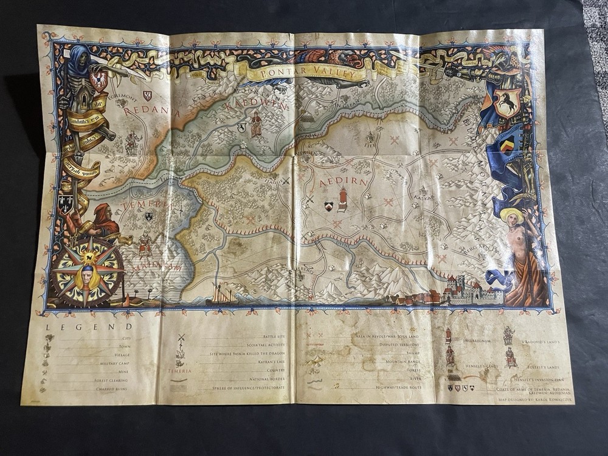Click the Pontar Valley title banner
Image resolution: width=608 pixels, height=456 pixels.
pos(307,72)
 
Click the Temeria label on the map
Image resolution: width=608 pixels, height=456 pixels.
pos(142,204)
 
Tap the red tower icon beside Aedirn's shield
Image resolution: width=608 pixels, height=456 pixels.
pos(343,199)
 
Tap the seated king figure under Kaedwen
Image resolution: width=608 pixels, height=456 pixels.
pos(256,125)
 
